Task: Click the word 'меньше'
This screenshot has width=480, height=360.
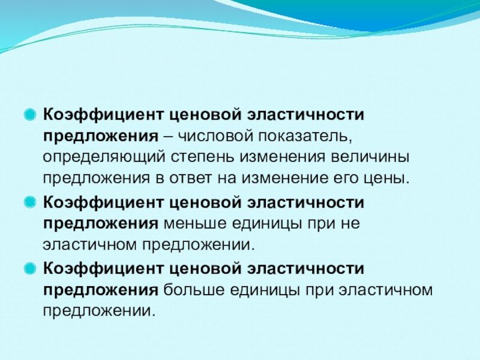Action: tap(193, 224)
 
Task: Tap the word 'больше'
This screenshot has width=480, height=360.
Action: tap(193, 290)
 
